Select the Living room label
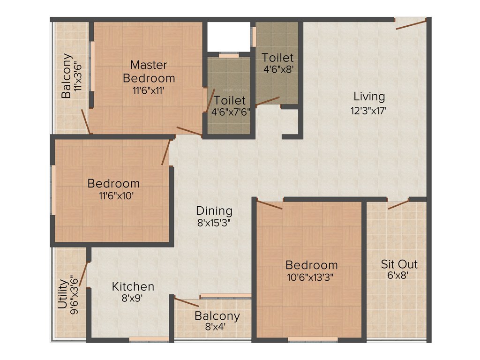point(369,97)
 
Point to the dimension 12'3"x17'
point(369,111)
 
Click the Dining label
point(214,210)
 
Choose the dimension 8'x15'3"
point(214,223)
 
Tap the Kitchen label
point(133,286)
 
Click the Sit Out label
point(398,264)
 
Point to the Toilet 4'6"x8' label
point(277,58)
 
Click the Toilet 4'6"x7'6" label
point(230,100)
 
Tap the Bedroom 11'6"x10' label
point(113,183)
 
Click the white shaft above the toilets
point(228,37)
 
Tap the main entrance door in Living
point(411,23)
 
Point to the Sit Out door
point(397,204)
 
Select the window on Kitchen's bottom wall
point(149,339)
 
